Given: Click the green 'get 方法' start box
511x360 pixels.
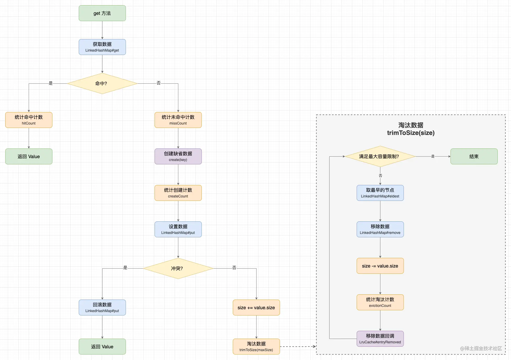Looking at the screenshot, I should [102, 13].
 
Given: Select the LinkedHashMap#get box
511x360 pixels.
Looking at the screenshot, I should [102, 47].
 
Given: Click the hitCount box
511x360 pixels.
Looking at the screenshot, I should [29, 120].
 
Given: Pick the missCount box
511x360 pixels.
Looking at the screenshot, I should [178, 120].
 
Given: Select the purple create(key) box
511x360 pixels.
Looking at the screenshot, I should [178, 157].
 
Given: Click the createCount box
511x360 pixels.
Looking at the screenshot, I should [178, 193].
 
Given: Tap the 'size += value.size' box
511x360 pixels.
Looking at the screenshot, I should [256, 308].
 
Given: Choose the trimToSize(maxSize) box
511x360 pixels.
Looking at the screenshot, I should [256, 347].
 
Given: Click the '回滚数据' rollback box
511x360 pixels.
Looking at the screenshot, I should [102, 308].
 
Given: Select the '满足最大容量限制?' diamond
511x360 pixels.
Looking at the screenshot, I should [380, 156].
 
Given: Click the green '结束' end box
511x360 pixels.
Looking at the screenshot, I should [474, 157].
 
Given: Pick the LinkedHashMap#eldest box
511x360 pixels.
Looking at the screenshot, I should [380, 193].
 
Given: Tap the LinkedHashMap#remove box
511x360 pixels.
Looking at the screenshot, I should [380, 229].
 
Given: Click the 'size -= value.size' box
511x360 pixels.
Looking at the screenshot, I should [380, 266].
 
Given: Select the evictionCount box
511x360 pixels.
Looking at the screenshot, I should [380, 302].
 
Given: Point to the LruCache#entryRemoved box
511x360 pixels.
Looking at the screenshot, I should [380, 339].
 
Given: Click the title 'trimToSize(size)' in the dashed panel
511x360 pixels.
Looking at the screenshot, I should [411, 133].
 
